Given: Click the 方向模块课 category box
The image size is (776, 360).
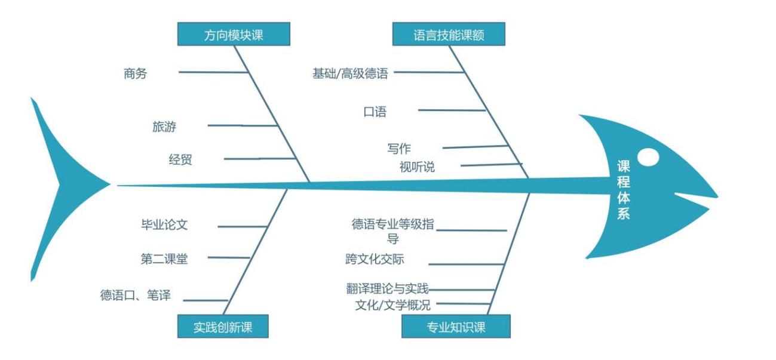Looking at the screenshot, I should pyautogui.click(x=234, y=35).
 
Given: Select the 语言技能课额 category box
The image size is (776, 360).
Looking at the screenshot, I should pyautogui.click(x=449, y=35).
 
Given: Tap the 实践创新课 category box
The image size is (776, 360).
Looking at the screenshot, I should pyautogui.click(x=223, y=327).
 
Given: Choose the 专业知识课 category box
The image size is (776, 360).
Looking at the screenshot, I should pyautogui.click(x=456, y=327).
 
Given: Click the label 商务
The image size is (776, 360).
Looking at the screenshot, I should pyautogui.click(x=135, y=73).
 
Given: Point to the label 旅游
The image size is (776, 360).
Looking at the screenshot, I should pyautogui.click(x=164, y=127).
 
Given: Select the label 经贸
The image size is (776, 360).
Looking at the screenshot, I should pyautogui.click(x=180, y=159).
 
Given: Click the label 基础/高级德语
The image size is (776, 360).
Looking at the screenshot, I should pyautogui.click(x=350, y=73).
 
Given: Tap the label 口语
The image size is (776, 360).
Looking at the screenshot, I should pyautogui.click(x=375, y=112).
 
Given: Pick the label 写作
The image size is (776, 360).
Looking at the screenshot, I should pyautogui.click(x=399, y=149).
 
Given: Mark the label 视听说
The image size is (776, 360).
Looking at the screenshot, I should pyautogui.click(x=417, y=167).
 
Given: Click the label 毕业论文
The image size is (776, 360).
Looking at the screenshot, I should pyautogui.click(x=164, y=225).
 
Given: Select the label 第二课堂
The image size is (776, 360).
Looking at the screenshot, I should pyautogui.click(x=164, y=259).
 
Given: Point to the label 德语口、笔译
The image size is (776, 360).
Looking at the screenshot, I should pyautogui.click(x=136, y=295).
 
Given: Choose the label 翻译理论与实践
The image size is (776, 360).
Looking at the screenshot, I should pyautogui.click(x=388, y=289).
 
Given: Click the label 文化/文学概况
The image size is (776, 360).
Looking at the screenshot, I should pyautogui.click(x=392, y=306).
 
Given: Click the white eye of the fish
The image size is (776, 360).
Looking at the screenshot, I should pyautogui.click(x=648, y=156).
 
